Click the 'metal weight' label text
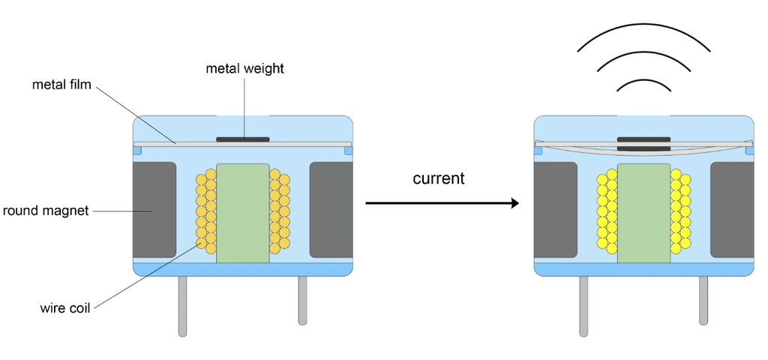(244, 69)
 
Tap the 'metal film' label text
(61, 85)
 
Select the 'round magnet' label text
(46, 211)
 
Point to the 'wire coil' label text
(65, 307)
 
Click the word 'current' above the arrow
(439, 179)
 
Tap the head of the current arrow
(514, 203)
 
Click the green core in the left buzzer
(243, 212)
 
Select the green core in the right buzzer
(643, 212)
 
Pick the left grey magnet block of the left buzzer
(154, 209)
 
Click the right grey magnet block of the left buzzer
(331, 209)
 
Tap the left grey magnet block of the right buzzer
(555, 209)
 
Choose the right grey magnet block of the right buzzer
(732, 209)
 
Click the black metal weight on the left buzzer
(243, 139)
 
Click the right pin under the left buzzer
(303, 300)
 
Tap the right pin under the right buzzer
(703, 300)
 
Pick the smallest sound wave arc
(643, 80)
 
